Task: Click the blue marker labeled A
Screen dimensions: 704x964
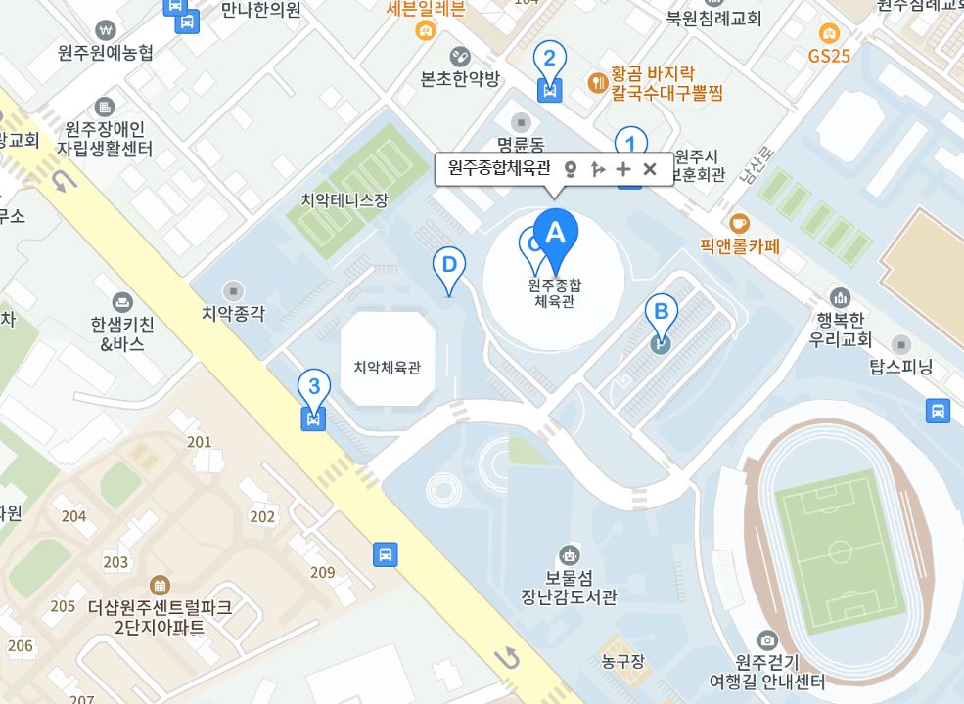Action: pyautogui.click(x=555, y=236)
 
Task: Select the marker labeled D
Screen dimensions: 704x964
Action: pyautogui.click(x=449, y=266)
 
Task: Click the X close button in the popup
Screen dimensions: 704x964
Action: pyautogui.click(x=650, y=168)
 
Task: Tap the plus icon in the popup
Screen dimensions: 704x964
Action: pyautogui.click(x=623, y=168)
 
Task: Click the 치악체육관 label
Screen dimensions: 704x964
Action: pyautogui.click(x=387, y=368)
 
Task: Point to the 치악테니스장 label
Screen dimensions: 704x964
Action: pyautogui.click(x=344, y=200)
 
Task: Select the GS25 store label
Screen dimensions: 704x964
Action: pyautogui.click(x=829, y=56)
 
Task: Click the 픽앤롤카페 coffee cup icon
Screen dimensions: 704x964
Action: pyautogui.click(x=740, y=222)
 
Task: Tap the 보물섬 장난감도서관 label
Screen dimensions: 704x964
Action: pyautogui.click(x=568, y=586)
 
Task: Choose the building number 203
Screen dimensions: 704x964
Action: pyautogui.click(x=115, y=562)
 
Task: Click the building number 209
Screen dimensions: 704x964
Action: pyautogui.click(x=322, y=572)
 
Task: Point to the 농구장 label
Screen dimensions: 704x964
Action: pyautogui.click(x=623, y=662)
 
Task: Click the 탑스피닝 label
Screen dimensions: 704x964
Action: pyautogui.click(x=901, y=368)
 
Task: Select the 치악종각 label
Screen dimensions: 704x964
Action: pyautogui.click(x=233, y=313)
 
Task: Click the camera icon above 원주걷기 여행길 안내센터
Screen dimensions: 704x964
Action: pyautogui.click(x=767, y=640)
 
